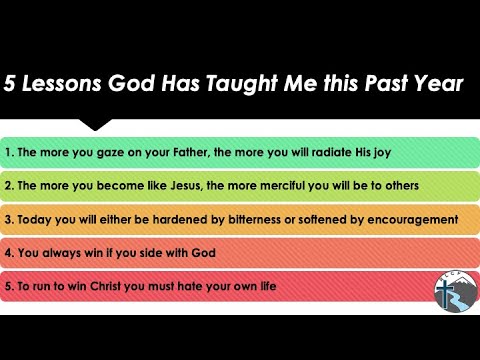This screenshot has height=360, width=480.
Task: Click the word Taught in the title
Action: tap(242, 83)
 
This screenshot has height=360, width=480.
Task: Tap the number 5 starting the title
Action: tap(9, 83)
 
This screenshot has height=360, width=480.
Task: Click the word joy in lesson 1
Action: tap(382, 153)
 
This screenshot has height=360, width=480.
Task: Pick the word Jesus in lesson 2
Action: tap(186, 186)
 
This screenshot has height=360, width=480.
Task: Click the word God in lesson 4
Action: tap(203, 253)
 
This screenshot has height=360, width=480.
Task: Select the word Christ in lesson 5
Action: tap(105, 286)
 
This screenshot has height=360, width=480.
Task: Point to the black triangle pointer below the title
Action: tap(95, 124)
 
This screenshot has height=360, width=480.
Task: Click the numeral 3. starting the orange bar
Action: tap(9, 219)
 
